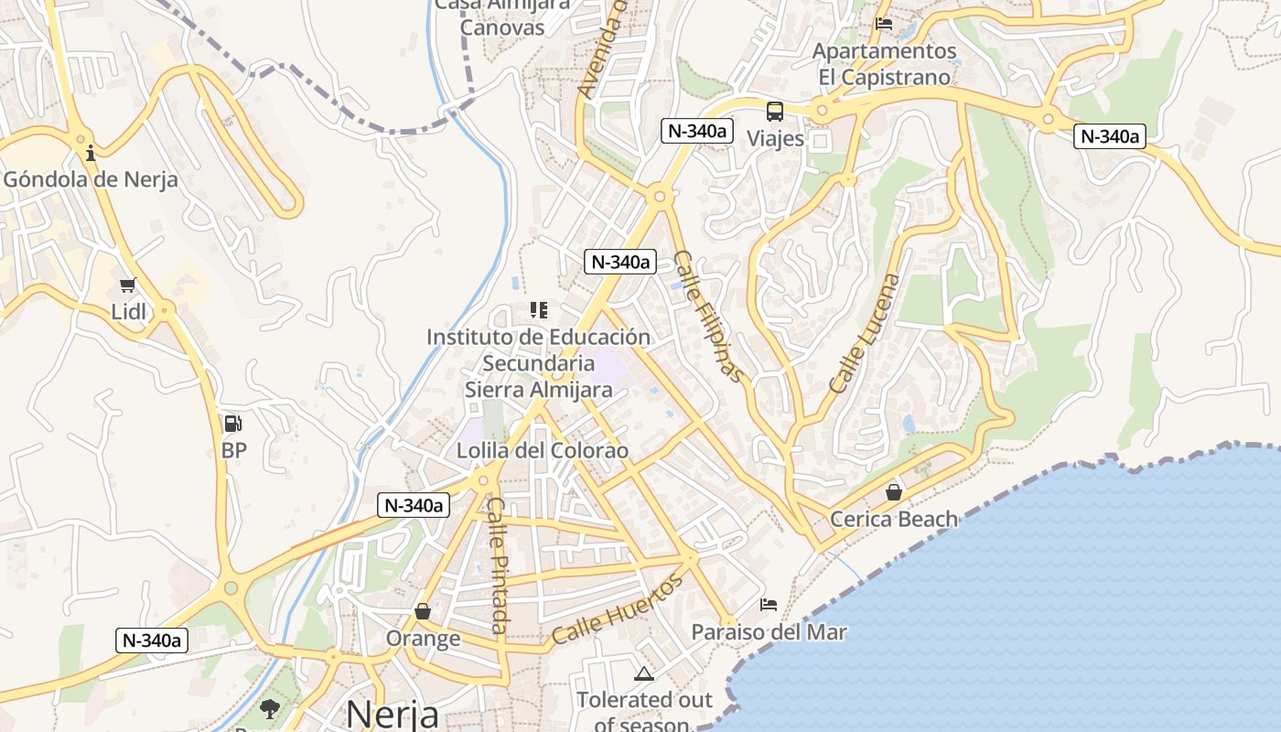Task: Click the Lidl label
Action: coord(128,311)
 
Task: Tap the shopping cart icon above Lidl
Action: coord(128,285)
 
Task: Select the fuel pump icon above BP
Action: coord(233,424)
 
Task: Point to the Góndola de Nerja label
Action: coord(91,179)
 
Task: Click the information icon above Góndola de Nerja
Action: coord(91,153)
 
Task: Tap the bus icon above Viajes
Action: coord(775,113)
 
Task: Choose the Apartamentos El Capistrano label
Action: coord(885,64)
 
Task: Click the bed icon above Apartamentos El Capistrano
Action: coord(884,24)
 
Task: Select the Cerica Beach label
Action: coord(894,520)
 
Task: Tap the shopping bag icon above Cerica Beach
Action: coord(894,493)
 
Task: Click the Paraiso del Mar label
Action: coord(769,632)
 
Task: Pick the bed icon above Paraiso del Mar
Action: coord(769,605)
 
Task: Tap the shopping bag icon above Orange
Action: coord(423,611)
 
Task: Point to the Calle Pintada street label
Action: coord(497,565)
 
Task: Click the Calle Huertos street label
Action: coord(618,609)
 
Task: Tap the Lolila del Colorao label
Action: coord(543,451)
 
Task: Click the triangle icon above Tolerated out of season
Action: coord(644,675)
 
